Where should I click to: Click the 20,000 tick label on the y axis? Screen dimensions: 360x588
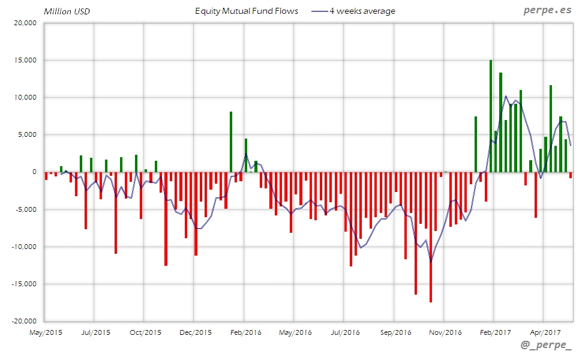point(25,23)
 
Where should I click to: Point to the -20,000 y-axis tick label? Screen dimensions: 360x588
point(23,321)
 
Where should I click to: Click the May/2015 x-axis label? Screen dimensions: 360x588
point(46,332)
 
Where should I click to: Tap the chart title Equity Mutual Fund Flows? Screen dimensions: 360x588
point(247,11)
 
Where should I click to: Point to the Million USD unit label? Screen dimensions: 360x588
point(67,11)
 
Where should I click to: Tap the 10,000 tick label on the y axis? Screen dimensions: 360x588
point(25,98)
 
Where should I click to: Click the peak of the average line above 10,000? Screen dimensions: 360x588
point(506,96)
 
